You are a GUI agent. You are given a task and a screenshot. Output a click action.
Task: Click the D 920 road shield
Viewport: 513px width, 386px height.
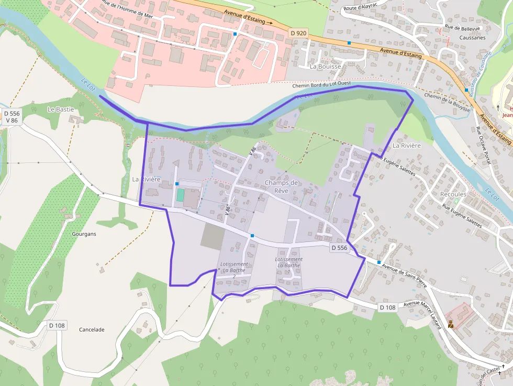(x=298, y=33)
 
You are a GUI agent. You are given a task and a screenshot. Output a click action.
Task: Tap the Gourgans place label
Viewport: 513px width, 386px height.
(x=85, y=234)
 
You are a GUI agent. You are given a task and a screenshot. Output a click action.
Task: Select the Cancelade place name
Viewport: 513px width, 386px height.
(x=92, y=329)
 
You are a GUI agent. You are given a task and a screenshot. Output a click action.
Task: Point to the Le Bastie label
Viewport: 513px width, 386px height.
(x=61, y=109)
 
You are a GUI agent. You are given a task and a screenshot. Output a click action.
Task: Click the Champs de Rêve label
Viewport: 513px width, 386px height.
(x=282, y=186)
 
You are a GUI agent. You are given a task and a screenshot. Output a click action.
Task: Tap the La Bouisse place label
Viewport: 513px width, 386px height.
(x=325, y=67)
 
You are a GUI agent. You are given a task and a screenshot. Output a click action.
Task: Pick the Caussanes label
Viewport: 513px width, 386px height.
(x=472, y=38)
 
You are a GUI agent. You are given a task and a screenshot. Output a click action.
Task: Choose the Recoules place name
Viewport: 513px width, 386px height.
(x=453, y=194)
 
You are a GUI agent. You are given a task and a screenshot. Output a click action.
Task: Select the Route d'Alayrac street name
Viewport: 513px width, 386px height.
(x=361, y=8)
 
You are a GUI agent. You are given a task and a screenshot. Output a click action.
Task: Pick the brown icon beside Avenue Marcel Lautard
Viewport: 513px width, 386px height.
(x=450, y=324)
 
